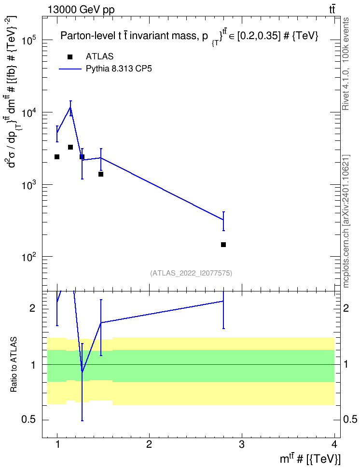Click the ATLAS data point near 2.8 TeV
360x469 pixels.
click(x=223, y=245)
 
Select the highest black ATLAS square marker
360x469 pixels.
click(x=70, y=147)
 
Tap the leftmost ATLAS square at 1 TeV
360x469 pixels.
click(x=57, y=157)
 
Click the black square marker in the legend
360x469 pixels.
click(x=70, y=57)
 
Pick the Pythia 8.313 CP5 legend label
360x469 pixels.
click(x=119, y=69)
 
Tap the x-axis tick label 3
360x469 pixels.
click(x=242, y=444)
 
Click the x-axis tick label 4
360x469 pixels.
click(x=334, y=444)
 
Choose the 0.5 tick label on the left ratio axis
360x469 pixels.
click(x=28, y=420)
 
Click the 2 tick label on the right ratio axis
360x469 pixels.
click(x=346, y=308)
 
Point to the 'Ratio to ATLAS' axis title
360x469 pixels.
click(x=14, y=365)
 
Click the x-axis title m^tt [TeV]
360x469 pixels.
click(x=310, y=458)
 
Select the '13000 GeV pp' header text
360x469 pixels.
click(x=81, y=10)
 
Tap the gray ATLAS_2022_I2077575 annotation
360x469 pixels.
click(x=191, y=273)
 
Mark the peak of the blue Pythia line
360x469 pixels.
click(x=70, y=107)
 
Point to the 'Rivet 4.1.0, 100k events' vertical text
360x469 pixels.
click(x=346, y=64)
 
